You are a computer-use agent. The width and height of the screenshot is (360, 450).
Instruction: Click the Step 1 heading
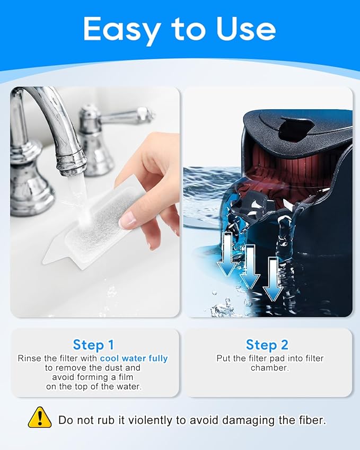point(93,345)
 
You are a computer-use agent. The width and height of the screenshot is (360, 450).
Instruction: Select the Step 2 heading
point(267,345)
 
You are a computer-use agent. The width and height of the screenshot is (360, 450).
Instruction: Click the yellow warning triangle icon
point(40,418)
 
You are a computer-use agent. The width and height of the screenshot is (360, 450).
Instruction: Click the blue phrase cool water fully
point(134,358)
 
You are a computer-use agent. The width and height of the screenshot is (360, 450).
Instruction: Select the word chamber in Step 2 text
point(269,368)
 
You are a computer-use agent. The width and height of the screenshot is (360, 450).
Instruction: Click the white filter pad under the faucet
point(93,229)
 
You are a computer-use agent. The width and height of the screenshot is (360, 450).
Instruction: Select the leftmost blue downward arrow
point(227,254)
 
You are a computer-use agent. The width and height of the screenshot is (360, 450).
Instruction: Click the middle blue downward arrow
point(250,267)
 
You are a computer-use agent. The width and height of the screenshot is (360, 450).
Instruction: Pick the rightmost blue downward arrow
point(273,279)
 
